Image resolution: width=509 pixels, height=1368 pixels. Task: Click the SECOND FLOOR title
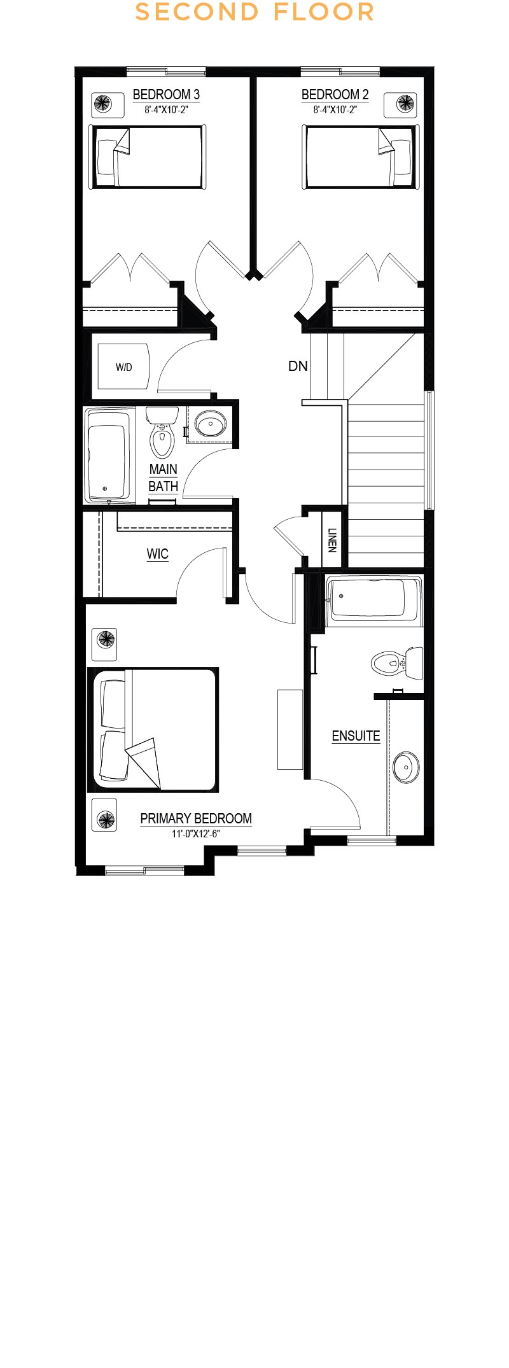(254, 12)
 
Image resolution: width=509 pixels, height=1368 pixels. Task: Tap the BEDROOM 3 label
(166, 95)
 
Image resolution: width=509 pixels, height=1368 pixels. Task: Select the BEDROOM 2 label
(335, 95)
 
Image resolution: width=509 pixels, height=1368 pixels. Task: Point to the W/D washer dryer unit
(123, 367)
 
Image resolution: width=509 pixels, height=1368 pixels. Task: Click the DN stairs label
(298, 366)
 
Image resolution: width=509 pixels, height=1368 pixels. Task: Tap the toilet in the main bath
(162, 432)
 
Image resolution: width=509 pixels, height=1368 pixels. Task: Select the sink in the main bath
(210, 423)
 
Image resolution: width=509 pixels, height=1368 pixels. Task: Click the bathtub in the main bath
(109, 454)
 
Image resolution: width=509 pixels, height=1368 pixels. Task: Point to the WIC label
(158, 554)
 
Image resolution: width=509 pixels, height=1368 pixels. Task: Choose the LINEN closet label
(332, 540)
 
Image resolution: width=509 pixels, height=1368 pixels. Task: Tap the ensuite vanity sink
(406, 767)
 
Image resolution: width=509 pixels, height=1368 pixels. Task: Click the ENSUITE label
(356, 736)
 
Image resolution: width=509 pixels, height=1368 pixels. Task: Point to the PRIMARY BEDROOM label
(196, 819)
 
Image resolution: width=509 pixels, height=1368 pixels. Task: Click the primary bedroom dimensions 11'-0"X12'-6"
(196, 834)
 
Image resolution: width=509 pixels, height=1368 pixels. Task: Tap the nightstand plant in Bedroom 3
(102, 103)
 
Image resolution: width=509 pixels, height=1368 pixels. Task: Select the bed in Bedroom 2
(359, 157)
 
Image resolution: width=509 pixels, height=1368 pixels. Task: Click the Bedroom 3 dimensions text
(166, 109)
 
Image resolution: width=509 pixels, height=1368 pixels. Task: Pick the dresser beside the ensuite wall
(290, 729)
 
